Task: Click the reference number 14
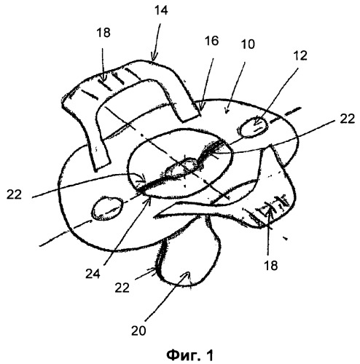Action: tap(161, 11)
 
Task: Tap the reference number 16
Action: tap(211, 41)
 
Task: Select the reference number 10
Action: tap(248, 44)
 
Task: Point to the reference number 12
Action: tap(300, 55)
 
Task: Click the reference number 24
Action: tap(93, 274)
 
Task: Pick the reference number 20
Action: tap(138, 331)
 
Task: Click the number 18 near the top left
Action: tap(103, 33)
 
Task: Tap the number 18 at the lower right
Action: tap(270, 266)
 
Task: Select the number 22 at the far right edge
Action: tap(347, 119)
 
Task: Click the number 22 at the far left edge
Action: tap(14, 194)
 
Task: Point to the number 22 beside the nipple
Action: tap(122, 288)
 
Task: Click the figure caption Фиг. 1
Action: tap(190, 355)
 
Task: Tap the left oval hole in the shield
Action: tap(107, 208)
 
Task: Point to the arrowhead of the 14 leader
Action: tap(154, 58)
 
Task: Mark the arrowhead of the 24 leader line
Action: tap(149, 199)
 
